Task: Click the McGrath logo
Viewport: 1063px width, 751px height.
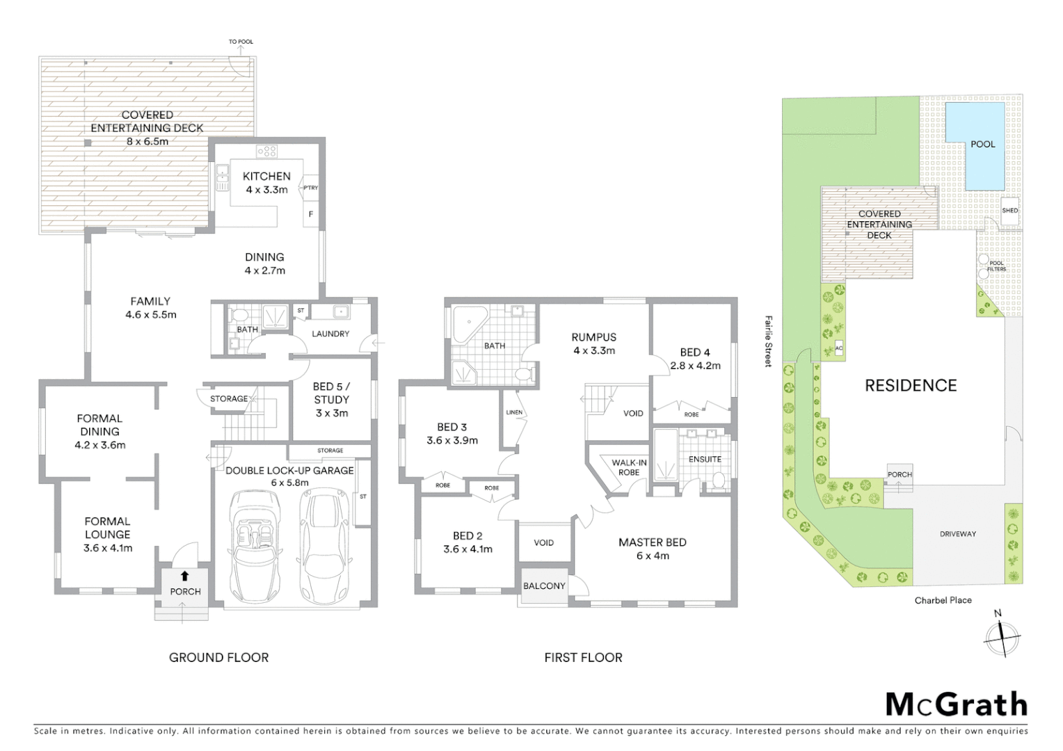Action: (x=956, y=704)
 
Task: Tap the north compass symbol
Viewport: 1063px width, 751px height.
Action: (x=1002, y=636)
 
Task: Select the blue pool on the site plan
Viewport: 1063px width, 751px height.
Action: (x=975, y=146)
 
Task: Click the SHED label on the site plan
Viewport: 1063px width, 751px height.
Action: (x=1009, y=211)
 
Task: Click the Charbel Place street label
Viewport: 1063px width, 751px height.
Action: (x=943, y=600)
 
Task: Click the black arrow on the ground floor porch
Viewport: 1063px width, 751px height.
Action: (x=184, y=576)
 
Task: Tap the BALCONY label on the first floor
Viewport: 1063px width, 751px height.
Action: (x=544, y=586)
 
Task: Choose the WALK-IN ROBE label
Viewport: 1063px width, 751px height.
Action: (x=629, y=467)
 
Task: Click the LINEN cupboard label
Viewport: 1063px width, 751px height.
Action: (x=514, y=412)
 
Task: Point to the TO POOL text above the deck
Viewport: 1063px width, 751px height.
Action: (x=241, y=42)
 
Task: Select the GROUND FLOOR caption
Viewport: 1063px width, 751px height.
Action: (x=218, y=657)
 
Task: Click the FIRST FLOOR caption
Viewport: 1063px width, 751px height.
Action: (x=583, y=657)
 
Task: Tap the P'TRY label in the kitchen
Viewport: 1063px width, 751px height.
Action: (x=310, y=188)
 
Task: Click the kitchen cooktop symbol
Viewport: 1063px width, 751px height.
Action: (x=266, y=151)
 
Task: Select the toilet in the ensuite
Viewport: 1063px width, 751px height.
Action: (x=719, y=480)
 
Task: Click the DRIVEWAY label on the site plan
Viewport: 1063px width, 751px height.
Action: (x=958, y=534)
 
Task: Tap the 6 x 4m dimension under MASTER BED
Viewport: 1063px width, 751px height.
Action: (x=652, y=556)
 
